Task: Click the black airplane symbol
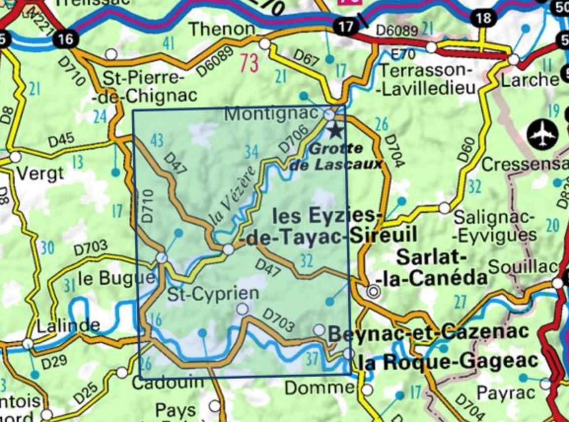[542, 134]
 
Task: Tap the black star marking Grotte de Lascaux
[335, 131]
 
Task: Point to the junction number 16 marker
[66, 38]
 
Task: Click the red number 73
[249, 63]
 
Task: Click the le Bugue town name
[116, 279]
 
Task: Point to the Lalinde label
[69, 325]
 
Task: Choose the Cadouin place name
[168, 382]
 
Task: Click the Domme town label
[320, 388]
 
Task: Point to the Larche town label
[530, 79]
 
